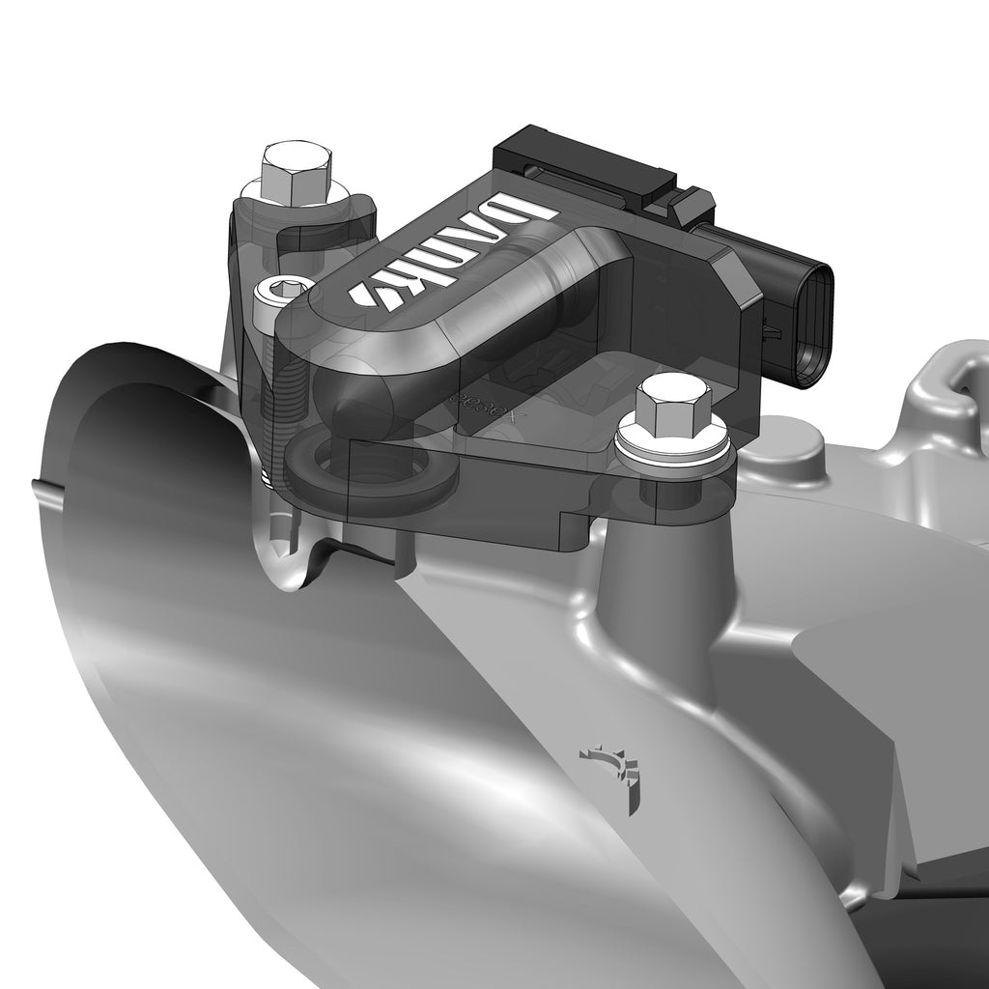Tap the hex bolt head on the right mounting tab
tap(674, 405)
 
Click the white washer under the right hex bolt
tap(673, 447)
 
